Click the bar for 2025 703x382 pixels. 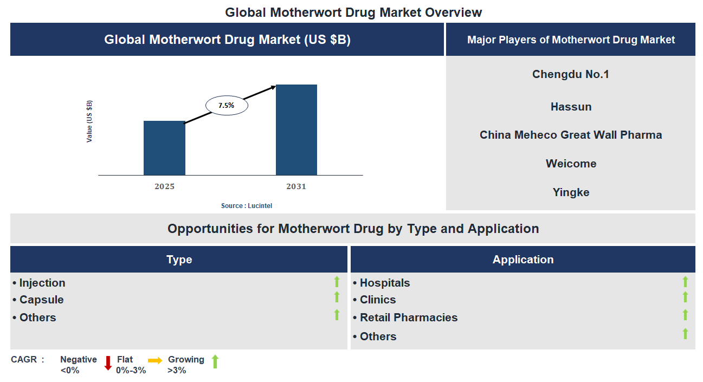164,148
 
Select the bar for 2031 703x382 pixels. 296,130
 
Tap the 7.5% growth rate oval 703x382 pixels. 227,106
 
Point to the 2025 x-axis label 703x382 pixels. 164,186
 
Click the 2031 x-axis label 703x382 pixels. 296,186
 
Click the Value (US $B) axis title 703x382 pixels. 89,121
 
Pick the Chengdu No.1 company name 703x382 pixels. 571,74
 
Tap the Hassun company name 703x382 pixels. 571,107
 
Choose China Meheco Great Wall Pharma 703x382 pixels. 571,135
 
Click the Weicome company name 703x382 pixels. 571,164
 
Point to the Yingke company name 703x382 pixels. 571,192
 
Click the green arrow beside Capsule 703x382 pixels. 337,297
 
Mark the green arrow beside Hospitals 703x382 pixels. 685,282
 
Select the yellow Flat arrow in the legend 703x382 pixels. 155,360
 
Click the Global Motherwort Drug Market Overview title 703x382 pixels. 353,12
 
